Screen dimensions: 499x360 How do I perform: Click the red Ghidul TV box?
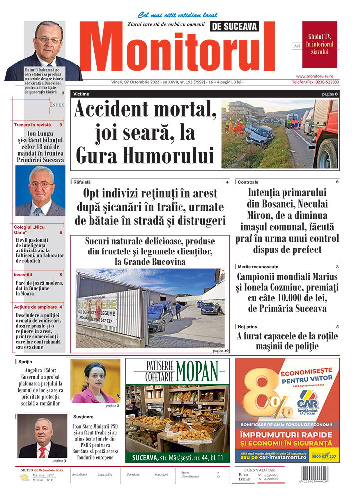click(319, 44)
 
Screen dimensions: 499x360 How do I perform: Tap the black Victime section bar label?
click(81, 94)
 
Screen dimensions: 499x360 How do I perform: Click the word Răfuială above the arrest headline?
click(83, 182)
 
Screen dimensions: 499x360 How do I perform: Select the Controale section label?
click(248, 182)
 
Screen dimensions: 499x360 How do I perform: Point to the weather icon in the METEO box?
click(24, 478)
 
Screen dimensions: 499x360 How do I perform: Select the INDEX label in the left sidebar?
click(57, 105)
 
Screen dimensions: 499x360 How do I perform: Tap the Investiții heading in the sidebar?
click(23, 275)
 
